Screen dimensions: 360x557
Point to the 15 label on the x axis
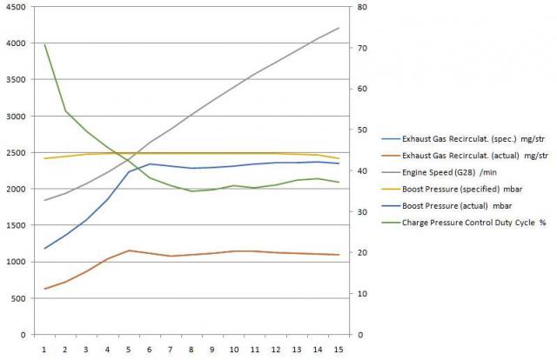(339, 349)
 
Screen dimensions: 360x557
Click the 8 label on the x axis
(191, 349)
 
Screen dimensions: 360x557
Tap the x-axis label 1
(44, 349)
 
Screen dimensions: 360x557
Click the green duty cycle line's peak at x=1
(44, 44)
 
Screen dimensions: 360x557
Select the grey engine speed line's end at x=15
(339, 28)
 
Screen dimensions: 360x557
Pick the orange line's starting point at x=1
(44, 289)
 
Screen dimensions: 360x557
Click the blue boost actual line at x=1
(44, 249)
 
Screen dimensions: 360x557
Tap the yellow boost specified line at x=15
(339, 158)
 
